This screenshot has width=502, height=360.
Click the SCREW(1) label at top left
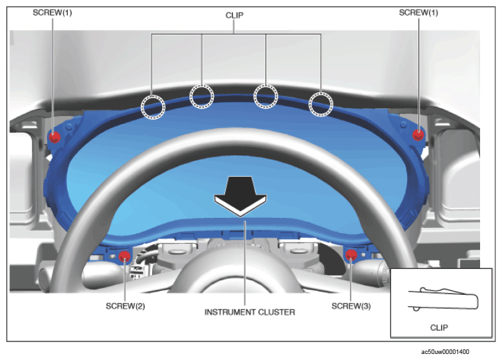coord(52,13)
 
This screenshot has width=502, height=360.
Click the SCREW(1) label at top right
coord(418,13)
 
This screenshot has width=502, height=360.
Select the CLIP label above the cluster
coord(234,15)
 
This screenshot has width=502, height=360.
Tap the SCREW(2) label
coord(126,306)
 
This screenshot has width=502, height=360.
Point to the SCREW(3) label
coord(351,306)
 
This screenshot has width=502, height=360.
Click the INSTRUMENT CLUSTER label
coord(250,312)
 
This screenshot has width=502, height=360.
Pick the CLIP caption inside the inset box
coord(439,327)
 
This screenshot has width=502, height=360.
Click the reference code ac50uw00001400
coord(445,352)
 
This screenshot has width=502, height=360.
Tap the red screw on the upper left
coord(54,137)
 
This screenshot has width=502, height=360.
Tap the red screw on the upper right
coord(418,135)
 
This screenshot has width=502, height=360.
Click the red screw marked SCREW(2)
coord(124,256)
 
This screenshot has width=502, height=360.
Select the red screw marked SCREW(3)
coord(351,255)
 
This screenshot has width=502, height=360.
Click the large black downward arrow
coord(240,196)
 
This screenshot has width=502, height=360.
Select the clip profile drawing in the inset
coord(444,299)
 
